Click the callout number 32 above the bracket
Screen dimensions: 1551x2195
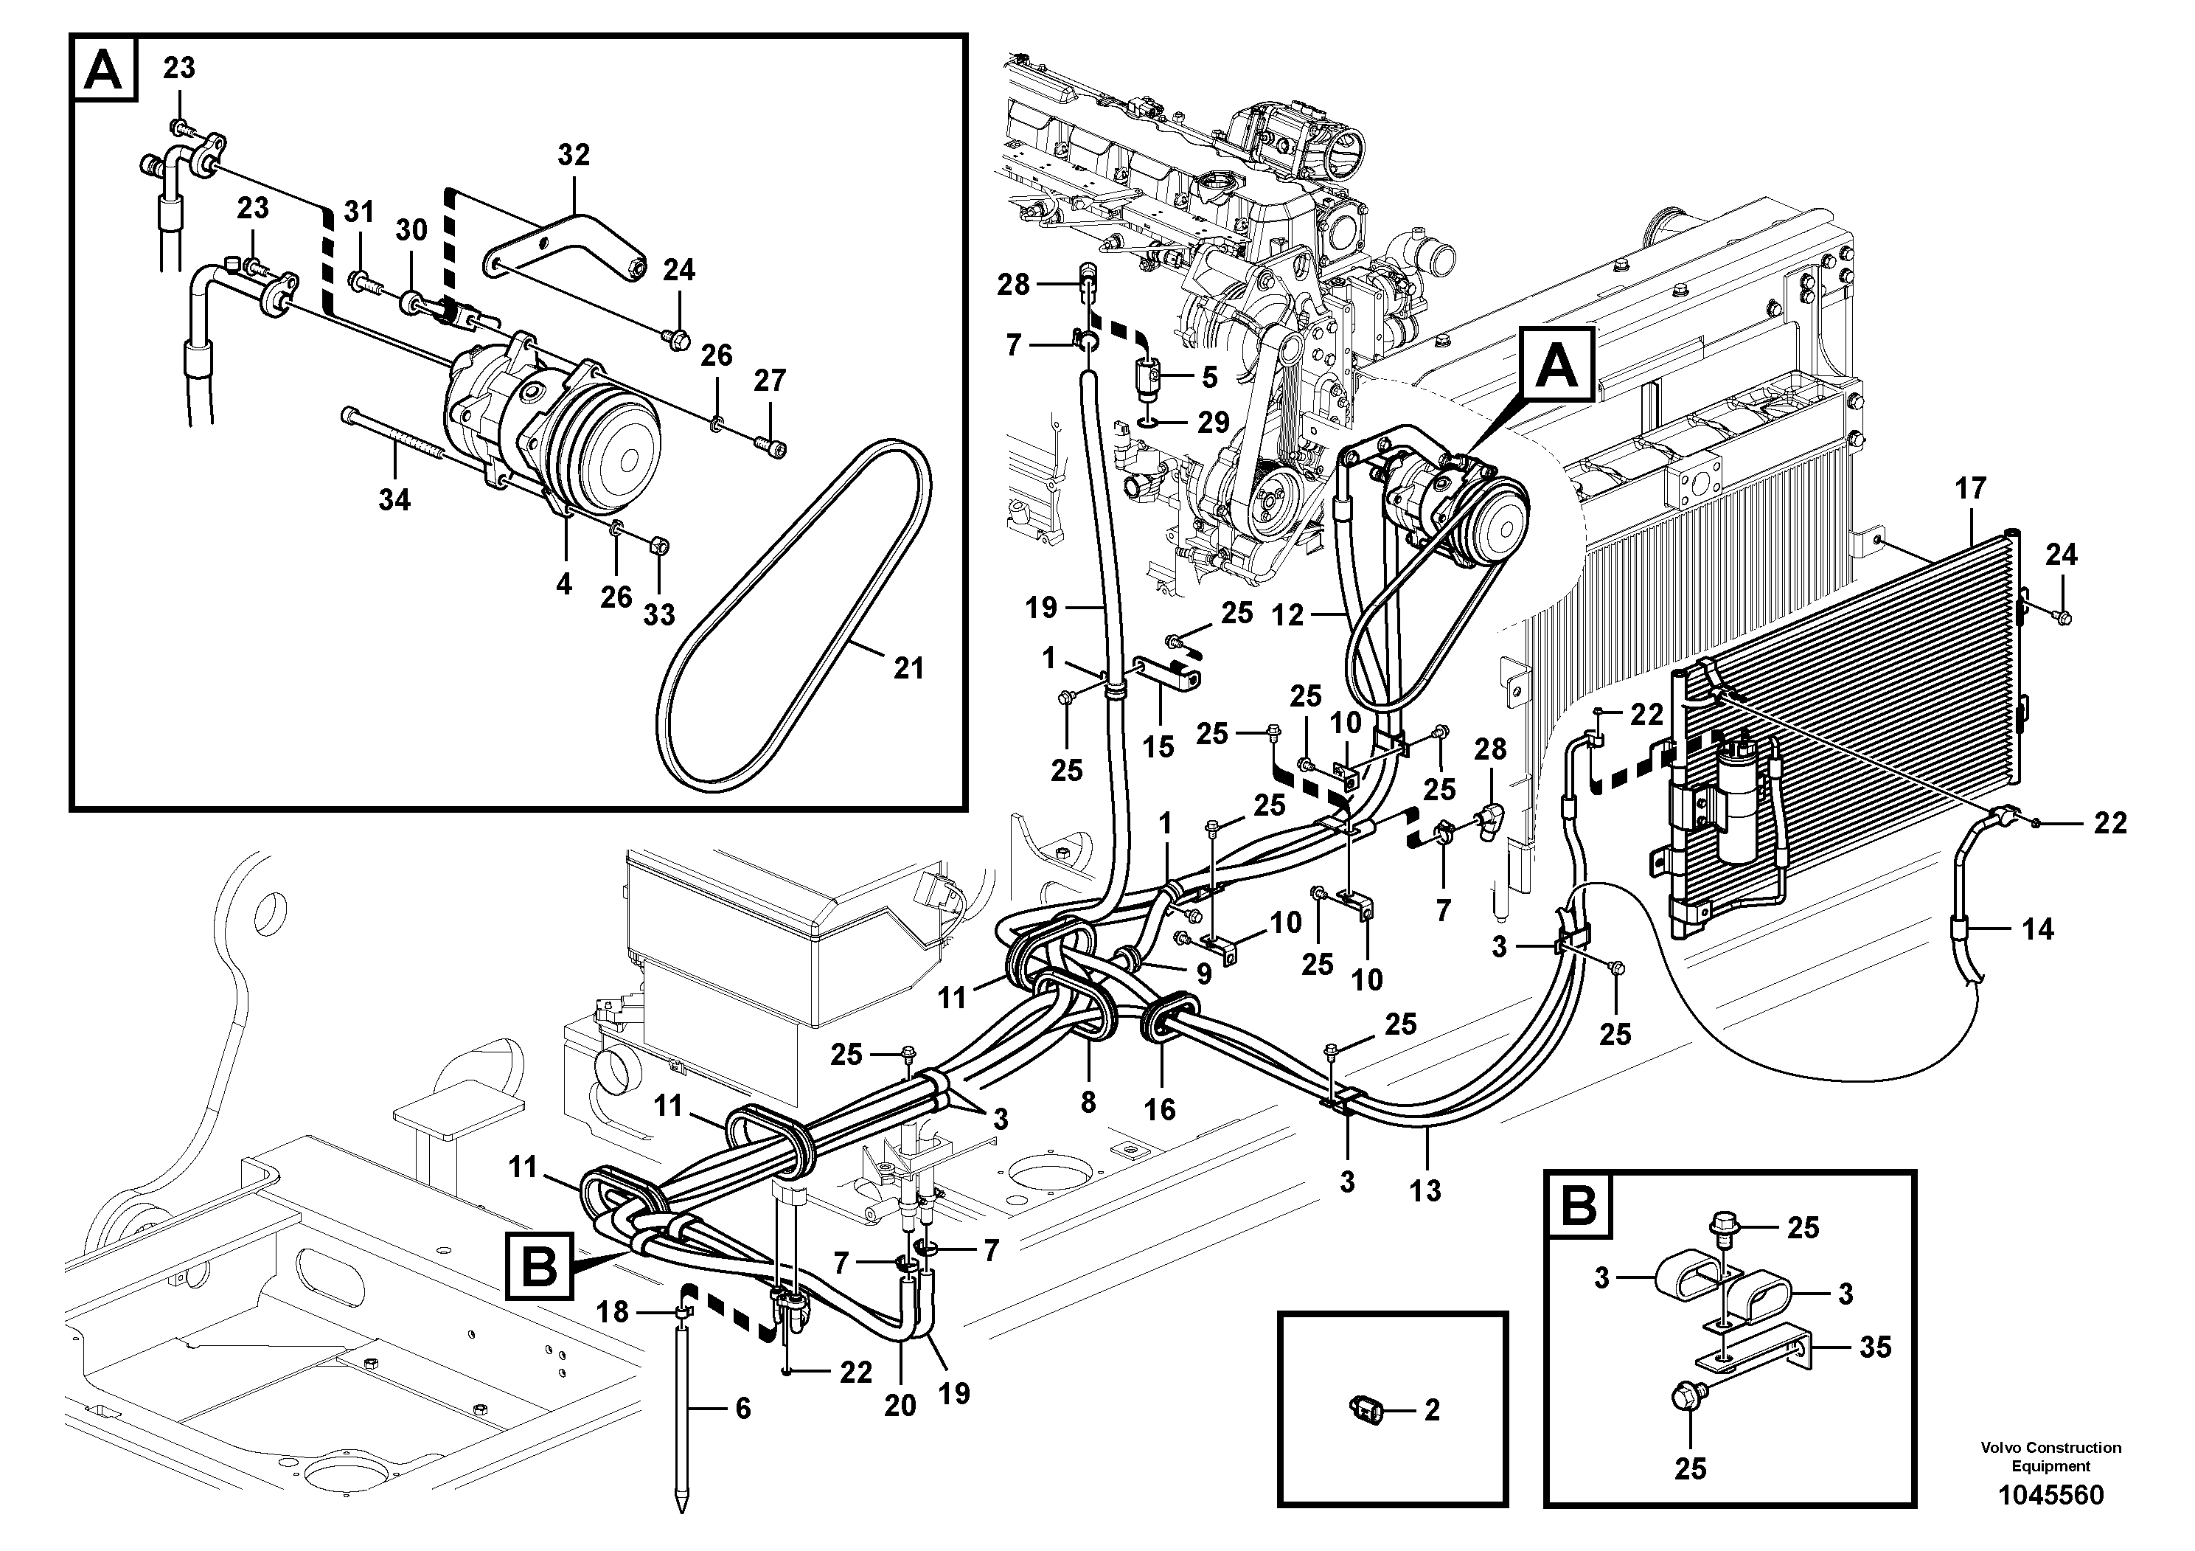[x=574, y=155]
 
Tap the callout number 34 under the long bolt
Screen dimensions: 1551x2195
[x=394, y=499]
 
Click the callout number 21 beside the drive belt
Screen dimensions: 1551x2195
[x=908, y=667]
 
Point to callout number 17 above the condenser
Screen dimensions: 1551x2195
[x=1970, y=489]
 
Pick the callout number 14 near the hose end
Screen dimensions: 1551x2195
[x=2037, y=929]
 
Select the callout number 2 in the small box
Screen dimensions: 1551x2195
[x=1431, y=1409]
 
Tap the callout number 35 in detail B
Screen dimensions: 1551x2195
[x=1876, y=1347]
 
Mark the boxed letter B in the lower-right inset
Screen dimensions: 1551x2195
[x=1579, y=1206]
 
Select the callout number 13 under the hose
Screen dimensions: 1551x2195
[x=1425, y=1190]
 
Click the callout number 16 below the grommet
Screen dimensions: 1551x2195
[x=1160, y=1109]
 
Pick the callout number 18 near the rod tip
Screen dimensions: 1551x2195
[x=612, y=1312]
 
